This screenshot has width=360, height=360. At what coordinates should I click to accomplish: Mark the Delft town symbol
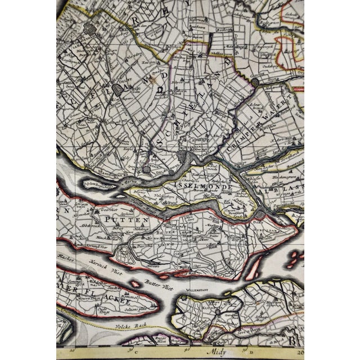[x=119, y=89]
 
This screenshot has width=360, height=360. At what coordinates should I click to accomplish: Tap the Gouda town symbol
[x=254, y=82]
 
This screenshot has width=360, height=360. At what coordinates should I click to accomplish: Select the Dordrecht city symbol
[x=260, y=214]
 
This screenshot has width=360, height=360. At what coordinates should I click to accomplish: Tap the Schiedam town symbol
[x=147, y=167]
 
